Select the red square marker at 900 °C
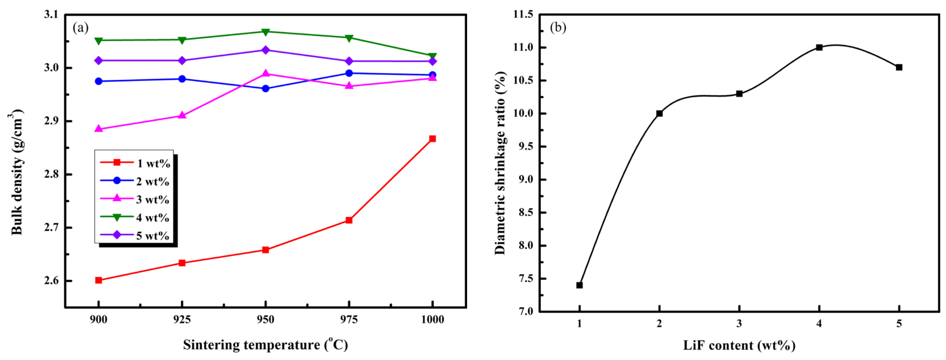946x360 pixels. click(98, 280)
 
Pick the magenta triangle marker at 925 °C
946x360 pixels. click(182, 115)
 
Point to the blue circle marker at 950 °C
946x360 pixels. click(266, 89)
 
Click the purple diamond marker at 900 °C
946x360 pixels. click(98, 60)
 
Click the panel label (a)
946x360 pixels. click(80, 28)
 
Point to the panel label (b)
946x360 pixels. click(558, 28)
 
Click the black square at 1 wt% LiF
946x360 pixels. click(579, 285)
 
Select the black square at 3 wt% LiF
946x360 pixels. click(739, 94)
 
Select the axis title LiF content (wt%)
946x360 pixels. click(739, 345)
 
